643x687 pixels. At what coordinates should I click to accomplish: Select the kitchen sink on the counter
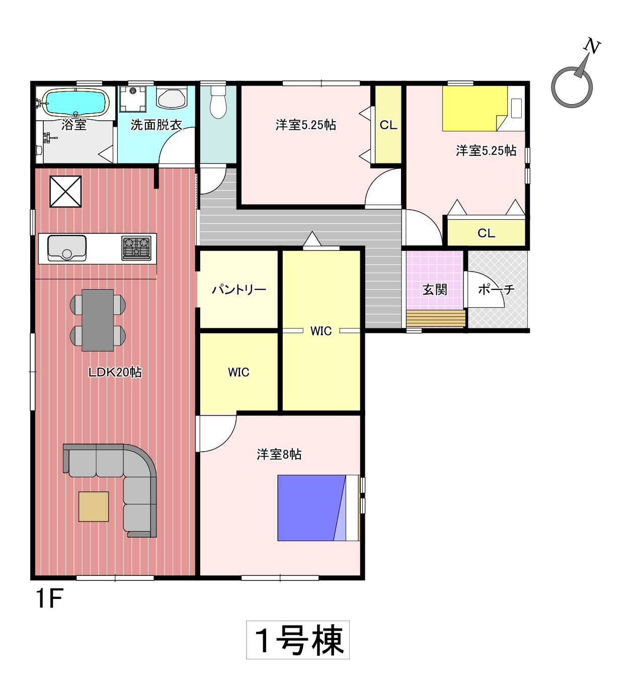point(67,247)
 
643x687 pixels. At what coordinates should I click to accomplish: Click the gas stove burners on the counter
point(136,247)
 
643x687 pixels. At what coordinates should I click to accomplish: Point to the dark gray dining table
point(98,320)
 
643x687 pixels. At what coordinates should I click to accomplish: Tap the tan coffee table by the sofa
point(94,506)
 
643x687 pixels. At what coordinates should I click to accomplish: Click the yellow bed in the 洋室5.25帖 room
point(475,108)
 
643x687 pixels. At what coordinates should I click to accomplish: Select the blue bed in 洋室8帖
point(311,508)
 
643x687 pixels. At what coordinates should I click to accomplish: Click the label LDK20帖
point(115,372)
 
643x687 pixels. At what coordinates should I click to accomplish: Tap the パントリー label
point(239,289)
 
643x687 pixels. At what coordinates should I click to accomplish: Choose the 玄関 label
point(435,290)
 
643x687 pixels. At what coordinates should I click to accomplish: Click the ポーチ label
point(496,289)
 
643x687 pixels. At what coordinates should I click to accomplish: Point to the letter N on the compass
point(592,46)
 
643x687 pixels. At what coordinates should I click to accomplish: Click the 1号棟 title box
point(298,640)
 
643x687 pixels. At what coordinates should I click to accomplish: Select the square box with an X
point(66,191)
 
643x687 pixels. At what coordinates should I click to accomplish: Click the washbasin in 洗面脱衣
point(172,97)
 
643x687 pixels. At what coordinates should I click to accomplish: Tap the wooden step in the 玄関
point(436,318)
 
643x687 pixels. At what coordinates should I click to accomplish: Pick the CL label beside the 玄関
point(486,233)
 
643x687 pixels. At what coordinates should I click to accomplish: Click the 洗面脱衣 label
point(156,125)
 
